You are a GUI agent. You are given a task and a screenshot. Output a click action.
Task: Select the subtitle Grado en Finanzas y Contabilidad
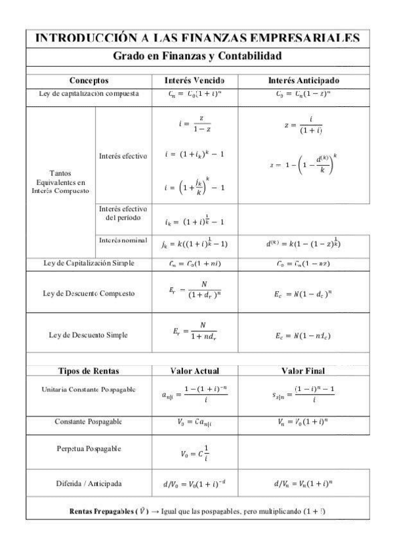[x=196, y=56]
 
